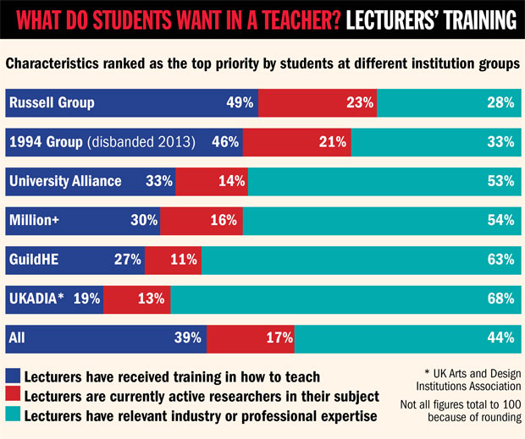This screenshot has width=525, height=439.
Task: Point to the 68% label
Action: pos(501,298)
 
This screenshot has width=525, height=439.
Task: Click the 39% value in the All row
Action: pos(188,337)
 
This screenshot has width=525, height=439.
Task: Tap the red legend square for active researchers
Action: pos(14,395)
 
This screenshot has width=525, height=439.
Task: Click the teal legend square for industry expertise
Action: pos(14,414)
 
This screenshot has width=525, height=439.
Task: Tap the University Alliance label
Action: pos(65,181)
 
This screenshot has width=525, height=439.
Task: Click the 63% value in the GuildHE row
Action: pos(501,259)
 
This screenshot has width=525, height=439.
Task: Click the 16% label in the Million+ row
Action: pos(224,220)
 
